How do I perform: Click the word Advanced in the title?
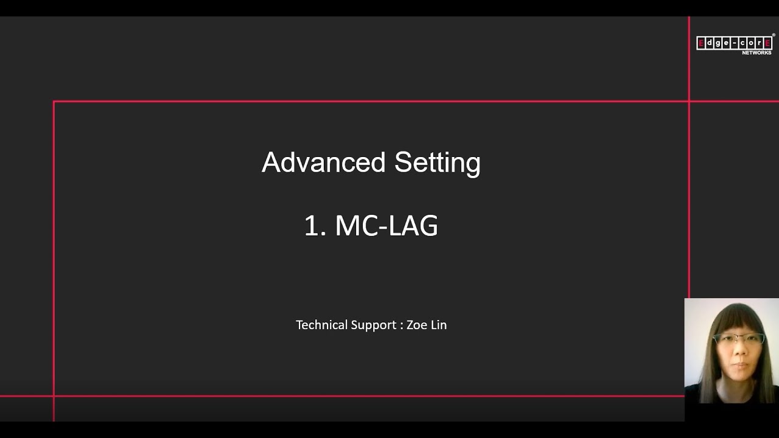click(x=323, y=162)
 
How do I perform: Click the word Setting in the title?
click(x=438, y=164)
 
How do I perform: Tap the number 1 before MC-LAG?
click(x=312, y=226)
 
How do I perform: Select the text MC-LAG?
click(x=386, y=226)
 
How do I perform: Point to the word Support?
click(x=374, y=325)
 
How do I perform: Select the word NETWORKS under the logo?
click(x=756, y=53)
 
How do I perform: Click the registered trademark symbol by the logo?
click(x=774, y=35)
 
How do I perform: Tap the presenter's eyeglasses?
click(x=739, y=339)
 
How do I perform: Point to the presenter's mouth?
click(x=740, y=365)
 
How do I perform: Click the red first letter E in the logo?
click(x=700, y=43)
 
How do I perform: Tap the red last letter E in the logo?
click(x=767, y=43)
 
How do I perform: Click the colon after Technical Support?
click(x=402, y=326)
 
